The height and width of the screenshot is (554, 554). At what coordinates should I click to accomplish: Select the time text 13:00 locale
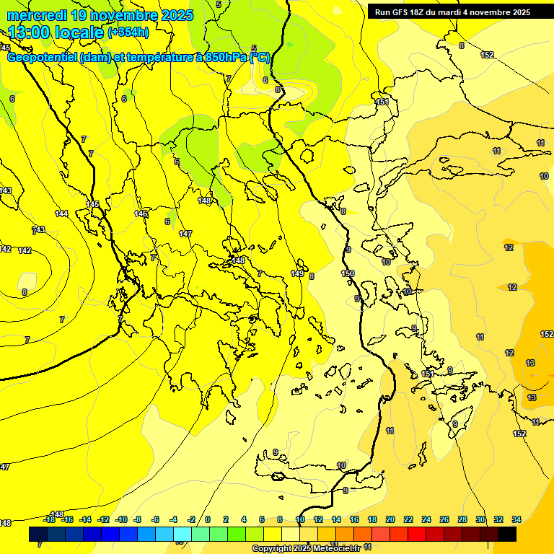click(x=56, y=32)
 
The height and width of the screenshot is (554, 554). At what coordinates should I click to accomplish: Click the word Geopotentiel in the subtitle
click(x=42, y=57)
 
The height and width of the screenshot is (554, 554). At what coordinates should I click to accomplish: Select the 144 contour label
click(x=61, y=214)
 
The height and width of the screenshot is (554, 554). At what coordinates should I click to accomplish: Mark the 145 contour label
click(x=92, y=205)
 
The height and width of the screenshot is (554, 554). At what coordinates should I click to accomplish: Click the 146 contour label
click(x=141, y=214)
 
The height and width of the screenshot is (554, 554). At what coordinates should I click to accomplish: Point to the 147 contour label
click(x=185, y=234)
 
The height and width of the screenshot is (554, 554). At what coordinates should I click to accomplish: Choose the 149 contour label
click(x=297, y=273)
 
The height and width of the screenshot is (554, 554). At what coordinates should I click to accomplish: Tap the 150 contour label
click(x=348, y=273)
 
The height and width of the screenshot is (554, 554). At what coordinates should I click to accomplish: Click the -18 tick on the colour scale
click(x=50, y=519)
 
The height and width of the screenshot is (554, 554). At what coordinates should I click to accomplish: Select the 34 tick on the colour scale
click(x=516, y=519)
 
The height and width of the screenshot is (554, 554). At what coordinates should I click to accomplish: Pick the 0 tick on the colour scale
click(x=208, y=519)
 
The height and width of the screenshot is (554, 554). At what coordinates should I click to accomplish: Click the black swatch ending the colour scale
click(x=507, y=534)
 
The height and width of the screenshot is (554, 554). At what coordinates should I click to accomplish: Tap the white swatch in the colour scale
click(x=291, y=534)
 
